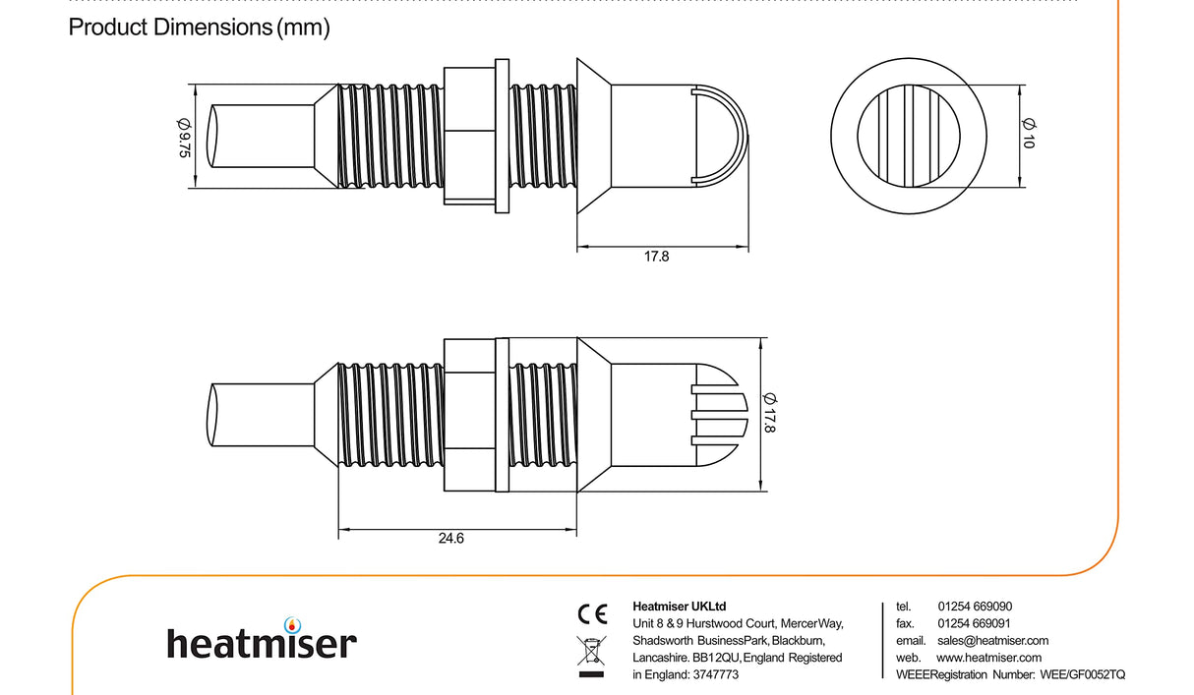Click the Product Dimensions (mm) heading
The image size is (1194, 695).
tap(199, 28)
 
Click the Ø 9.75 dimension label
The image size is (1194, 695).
tap(183, 137)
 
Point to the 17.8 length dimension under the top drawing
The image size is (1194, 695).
tap(656, 257)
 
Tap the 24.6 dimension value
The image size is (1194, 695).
tap(450, 539)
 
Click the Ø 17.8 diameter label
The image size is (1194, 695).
tap(770, 414)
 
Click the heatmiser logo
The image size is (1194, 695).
tap(261, 642)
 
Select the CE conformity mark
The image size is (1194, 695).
tap(592, 614)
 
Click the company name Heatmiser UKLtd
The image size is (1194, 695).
tap(679, 607)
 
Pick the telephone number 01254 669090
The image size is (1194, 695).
tap(975, 607)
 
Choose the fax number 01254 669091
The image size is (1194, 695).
tap(975, 623)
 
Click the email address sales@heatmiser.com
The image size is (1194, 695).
tap(992, 640)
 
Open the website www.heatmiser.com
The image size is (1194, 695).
tap(988, 658)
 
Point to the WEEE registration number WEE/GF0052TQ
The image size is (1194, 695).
tap(1082, 674)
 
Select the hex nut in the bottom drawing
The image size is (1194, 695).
tap(469, 414)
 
